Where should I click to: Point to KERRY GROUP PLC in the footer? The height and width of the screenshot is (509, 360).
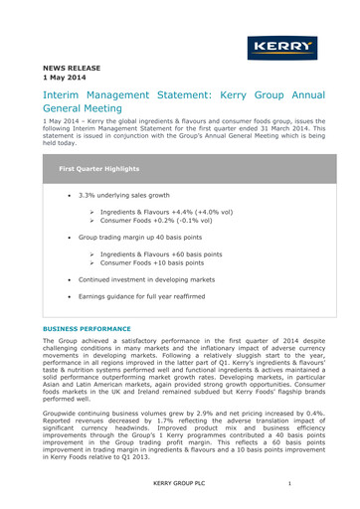pos(180,483)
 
